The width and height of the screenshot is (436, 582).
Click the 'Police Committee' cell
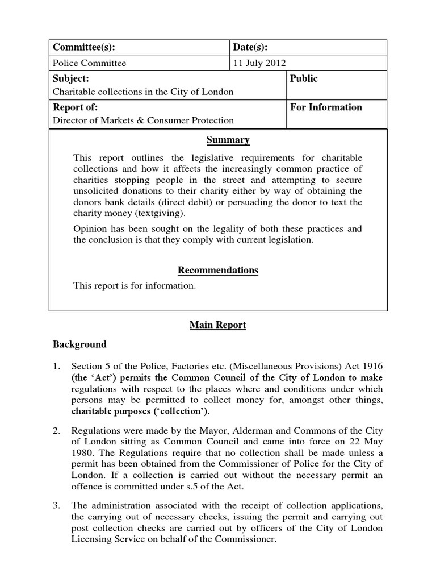89,63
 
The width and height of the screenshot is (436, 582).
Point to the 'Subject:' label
70,78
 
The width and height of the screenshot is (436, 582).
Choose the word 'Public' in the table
304,78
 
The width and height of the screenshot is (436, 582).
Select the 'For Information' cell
326,107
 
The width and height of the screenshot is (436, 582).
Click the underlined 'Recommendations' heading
218,270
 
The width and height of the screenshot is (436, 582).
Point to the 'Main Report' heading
218,325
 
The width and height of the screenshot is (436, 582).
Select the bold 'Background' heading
79,344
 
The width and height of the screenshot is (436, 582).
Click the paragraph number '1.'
57,366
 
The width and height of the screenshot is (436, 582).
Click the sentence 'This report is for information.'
135,286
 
